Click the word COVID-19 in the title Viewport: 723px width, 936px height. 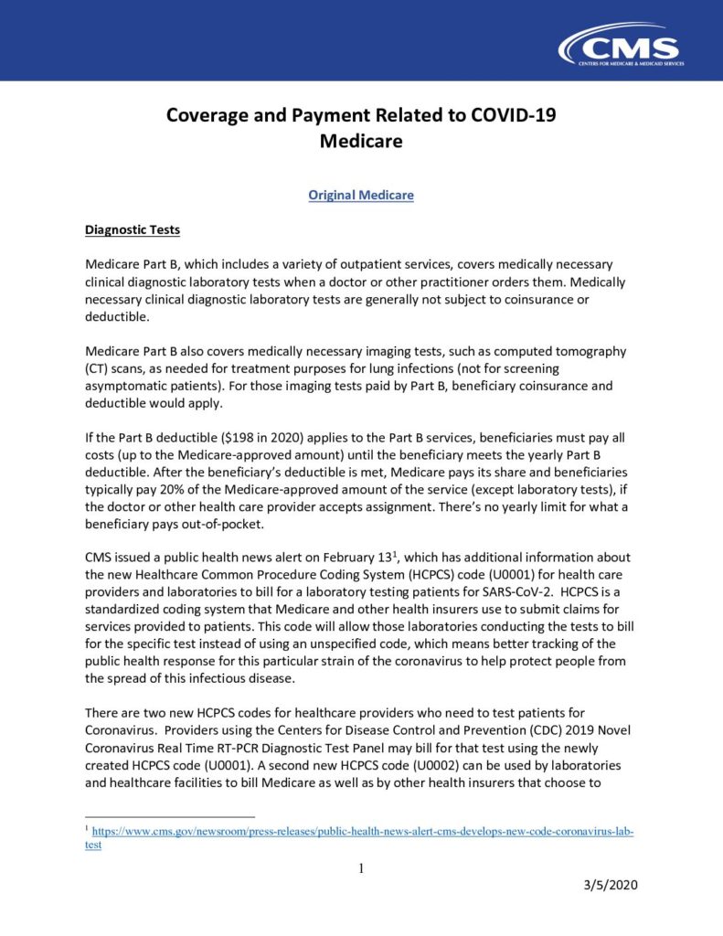tap(510, 116)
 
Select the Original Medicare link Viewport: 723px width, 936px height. tap(361, 196)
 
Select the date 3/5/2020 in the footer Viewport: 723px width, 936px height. tap(611, 886)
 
